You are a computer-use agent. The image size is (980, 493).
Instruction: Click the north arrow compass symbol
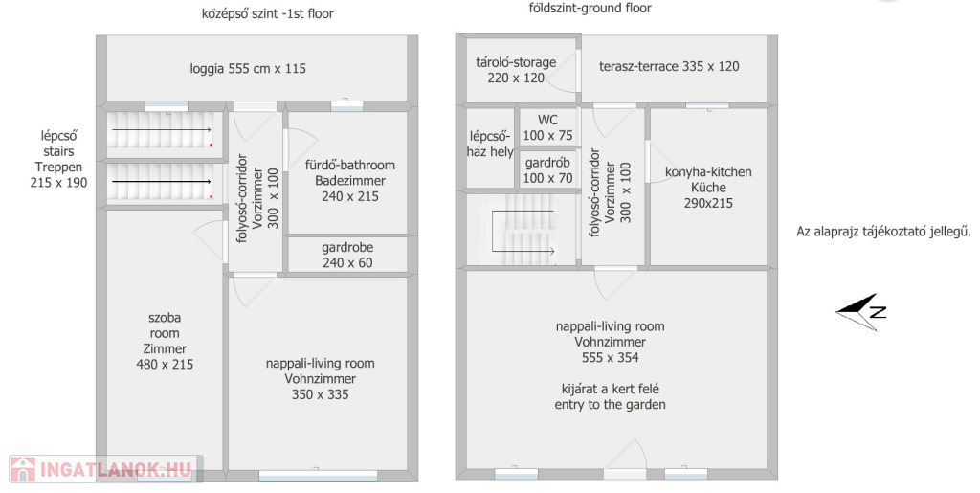(860, 311)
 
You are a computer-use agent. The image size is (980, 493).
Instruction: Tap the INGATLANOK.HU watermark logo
(105, 469)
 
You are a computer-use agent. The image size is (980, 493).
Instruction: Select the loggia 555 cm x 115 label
(248, 69)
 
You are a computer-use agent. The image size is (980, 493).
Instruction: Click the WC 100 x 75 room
(547, 127)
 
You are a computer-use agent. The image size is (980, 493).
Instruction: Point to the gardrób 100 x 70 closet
(547, 170)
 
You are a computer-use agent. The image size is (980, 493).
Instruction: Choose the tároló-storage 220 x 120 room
(516, 70)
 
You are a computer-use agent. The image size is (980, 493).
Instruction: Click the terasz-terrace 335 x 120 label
(669, 66)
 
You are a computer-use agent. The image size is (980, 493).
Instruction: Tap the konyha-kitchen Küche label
(708, 179)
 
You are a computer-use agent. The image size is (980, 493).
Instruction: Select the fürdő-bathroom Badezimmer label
(350, 173)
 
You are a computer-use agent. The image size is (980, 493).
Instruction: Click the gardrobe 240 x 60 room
(347, 255)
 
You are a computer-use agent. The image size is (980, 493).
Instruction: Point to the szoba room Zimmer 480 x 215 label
(165, 341)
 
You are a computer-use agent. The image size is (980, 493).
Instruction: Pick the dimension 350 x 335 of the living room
(320, 395)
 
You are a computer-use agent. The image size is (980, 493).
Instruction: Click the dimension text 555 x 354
(610, 358)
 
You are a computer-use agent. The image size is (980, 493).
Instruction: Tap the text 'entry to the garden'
(610, 405)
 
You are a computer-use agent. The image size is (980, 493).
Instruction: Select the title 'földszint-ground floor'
(590, 8)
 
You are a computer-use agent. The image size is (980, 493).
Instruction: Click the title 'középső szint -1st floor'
(268, 13)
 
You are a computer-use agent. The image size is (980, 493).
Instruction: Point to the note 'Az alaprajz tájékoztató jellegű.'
(883, 232)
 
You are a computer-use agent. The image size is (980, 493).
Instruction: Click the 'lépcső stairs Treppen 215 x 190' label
(58, 159)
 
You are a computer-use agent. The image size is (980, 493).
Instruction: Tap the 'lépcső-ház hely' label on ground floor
(490, 144)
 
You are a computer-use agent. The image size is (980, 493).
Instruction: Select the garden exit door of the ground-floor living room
(625, 459)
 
